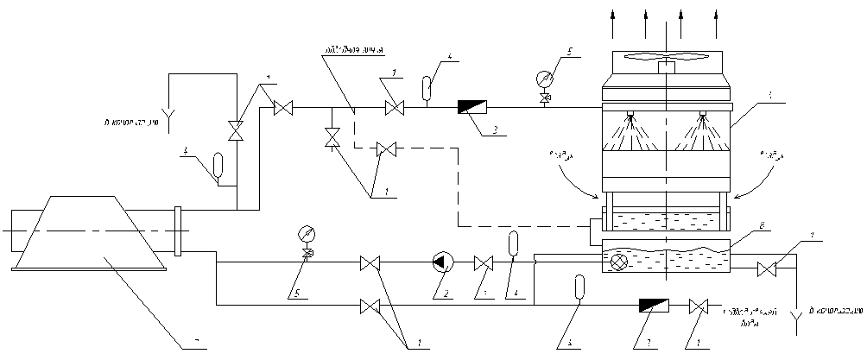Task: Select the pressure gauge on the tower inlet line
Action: coord(542,78)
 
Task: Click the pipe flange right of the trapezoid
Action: coord(179,231)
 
